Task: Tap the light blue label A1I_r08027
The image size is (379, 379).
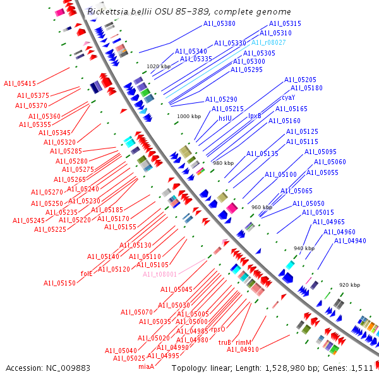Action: [x=268, y=42]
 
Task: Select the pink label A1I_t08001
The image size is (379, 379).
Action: [x=159, y=274]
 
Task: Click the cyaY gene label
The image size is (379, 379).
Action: [x=289, y=97]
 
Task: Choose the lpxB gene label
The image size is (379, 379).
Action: [x=255, y=116]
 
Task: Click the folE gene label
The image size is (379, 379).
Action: [x=87, y=274]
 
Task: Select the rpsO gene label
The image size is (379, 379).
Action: [x=219, y=329]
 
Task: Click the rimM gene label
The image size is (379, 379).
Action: [x=244, y=342]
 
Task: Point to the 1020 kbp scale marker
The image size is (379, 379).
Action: [x=159, y=66]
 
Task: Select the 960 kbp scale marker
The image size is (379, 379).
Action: [x=262, y=207]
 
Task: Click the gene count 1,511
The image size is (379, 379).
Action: [x=361, y=368]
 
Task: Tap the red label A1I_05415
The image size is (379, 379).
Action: [x=20, y=83]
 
